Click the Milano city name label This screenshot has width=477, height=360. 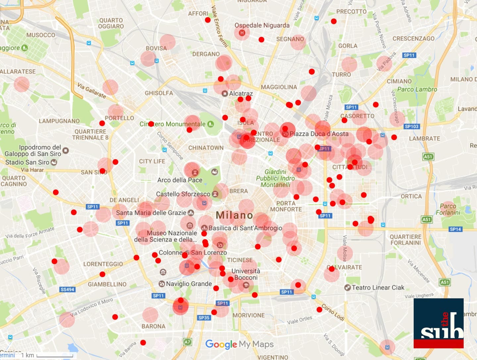(x=234, y=215)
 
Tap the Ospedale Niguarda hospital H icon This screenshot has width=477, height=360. (x=242, y=33)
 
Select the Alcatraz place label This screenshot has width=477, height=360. (x=241, y=94)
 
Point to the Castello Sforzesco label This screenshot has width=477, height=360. (x=183, y=194)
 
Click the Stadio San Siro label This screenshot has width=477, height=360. (x=27, y=162)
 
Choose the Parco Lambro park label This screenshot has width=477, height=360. (x=417, y=89)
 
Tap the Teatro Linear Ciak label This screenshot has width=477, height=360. (x=378, y=287)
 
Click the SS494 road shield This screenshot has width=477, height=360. (x=67, y=289)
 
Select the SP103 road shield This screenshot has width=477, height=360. (x=412, y=127)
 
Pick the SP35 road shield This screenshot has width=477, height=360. (x=204, y=318)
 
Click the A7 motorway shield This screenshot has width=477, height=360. (x=187, y=342)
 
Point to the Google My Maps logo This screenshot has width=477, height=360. (x=239, y=344)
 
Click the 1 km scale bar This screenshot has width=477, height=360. (x=55, y=356)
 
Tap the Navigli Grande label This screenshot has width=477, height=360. (x=189, y=284)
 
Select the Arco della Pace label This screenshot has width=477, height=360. (x=180, y=180)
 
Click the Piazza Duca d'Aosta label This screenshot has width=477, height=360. (x=319, y=134)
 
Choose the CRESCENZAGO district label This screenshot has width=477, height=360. (x=413, y=38)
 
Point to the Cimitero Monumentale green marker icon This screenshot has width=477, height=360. (x=210, y=124)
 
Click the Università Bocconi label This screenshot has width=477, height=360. (x=246, y=274)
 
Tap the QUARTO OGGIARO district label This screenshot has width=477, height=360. (x=111, y=24)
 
